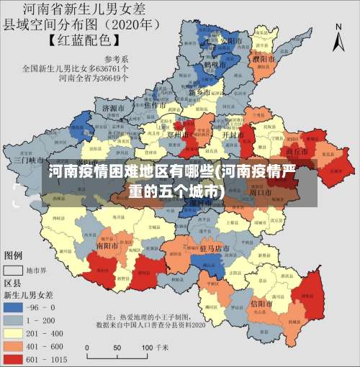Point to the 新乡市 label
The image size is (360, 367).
tap(199, 93)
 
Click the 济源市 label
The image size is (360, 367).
tap(114, 108)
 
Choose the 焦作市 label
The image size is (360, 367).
tap(156, 105)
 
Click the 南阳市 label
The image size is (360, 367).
tap(107, 245)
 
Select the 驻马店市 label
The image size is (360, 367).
tap(214, 248)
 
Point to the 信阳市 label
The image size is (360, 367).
tap(261, 304)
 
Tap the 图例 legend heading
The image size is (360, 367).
tap(14, 255)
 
